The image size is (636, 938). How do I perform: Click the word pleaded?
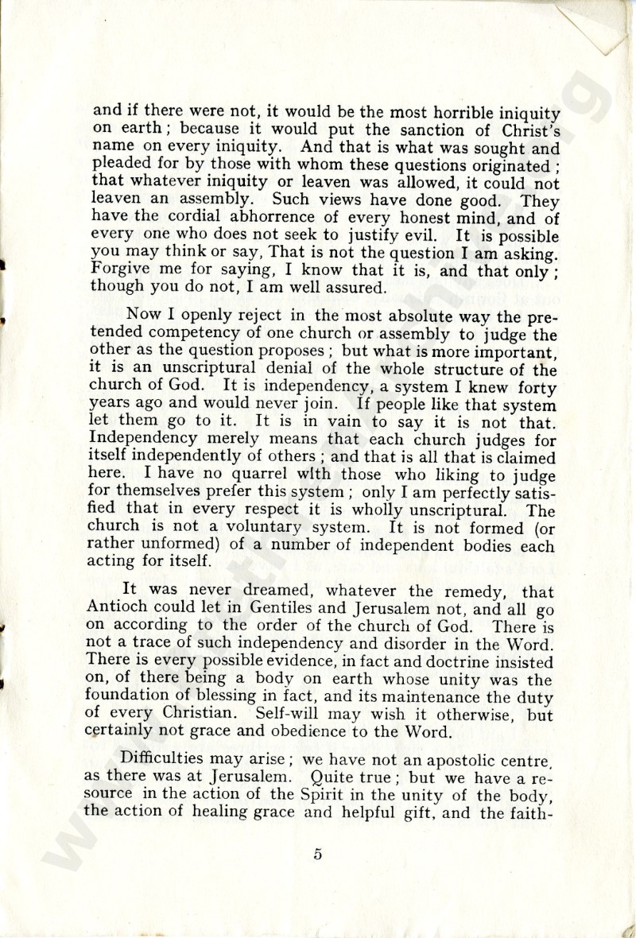(120, 166)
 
